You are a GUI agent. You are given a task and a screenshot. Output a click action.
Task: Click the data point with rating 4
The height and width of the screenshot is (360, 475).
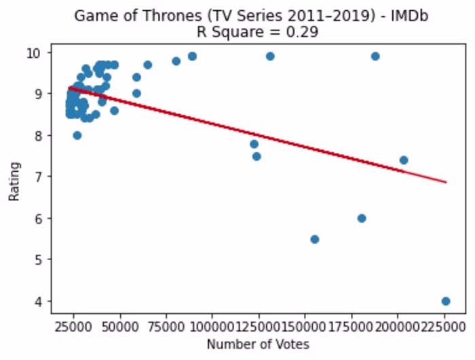tap(445, 301)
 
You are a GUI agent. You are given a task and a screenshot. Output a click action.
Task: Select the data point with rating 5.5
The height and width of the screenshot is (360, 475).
tap(314, 239)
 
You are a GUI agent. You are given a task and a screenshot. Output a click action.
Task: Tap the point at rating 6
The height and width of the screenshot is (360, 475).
tap(362, 218)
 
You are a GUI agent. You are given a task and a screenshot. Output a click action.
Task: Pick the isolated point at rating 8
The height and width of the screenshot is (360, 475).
tap(77, 135)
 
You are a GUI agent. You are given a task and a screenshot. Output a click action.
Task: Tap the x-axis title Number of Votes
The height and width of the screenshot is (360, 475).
tap(257, 344)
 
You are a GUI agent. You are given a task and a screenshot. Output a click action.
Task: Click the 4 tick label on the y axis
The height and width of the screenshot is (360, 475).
tap(39, 301)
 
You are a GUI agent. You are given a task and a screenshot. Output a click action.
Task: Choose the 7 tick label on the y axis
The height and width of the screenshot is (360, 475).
tap(39, 177)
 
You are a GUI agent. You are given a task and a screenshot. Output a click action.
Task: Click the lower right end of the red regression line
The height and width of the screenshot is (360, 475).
tap(446, 182)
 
